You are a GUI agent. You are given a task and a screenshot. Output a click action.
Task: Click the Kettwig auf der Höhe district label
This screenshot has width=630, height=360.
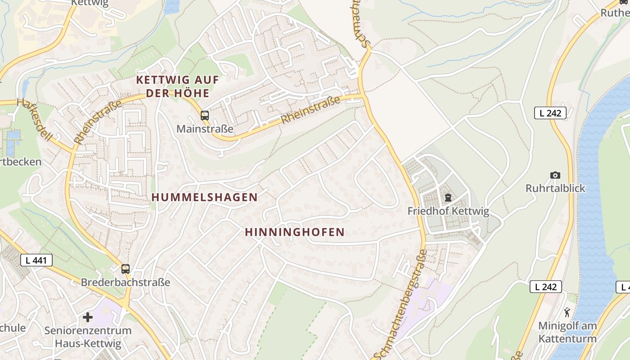[177, 87]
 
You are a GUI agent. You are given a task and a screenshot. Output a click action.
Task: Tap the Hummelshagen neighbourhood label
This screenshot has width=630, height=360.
[205, 197]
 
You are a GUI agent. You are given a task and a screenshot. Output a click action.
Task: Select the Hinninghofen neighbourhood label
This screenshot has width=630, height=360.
[295, 232]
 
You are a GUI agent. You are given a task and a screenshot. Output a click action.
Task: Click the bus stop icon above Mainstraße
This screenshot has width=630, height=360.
[205, 116]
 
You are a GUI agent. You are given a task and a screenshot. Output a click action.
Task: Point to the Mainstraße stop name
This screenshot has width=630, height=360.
[205, 129]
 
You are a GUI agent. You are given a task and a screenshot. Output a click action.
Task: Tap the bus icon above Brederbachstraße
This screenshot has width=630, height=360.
[126, 269]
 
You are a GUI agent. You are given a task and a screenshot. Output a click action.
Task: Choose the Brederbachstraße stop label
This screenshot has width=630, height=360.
[126, 283]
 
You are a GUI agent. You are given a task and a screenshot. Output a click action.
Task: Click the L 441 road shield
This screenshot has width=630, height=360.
[36, 260]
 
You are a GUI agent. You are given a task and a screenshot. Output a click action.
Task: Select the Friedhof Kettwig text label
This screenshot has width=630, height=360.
[448, 211]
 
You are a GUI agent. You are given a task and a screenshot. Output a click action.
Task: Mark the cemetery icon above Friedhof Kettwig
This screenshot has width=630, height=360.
[448, 197]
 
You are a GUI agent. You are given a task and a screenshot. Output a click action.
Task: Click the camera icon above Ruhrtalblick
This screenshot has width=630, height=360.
[555, 175]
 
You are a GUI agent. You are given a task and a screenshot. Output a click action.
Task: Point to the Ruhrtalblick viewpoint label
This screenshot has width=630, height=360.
[555, 188]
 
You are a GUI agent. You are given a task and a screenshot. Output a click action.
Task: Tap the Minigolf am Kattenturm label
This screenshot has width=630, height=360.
[567, 332]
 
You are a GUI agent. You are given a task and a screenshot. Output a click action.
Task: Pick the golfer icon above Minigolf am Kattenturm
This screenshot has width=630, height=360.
[567, 312]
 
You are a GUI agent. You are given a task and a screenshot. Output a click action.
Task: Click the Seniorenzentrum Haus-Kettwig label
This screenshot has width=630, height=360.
[88, 337]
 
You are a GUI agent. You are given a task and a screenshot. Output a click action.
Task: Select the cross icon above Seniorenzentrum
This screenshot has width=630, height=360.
[88, 318]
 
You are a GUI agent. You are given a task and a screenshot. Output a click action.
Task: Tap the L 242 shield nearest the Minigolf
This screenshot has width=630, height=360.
[545, 287]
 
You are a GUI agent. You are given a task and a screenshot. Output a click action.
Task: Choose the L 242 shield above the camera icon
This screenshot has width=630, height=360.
[550, 113]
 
